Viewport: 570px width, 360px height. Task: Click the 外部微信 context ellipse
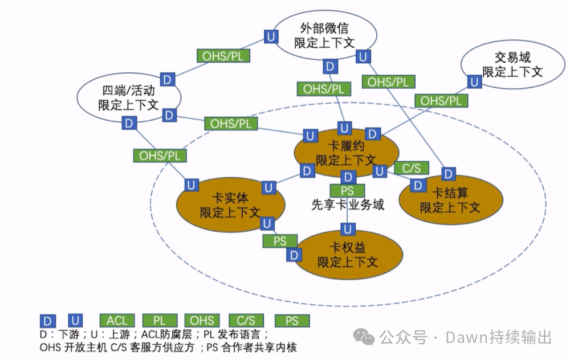coord(324,35)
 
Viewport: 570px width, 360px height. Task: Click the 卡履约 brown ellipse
coord(346,154)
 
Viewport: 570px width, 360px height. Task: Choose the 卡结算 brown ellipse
coord(450,199)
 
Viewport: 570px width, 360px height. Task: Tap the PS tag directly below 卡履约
coord(347,191)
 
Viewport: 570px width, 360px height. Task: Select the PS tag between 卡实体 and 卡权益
coord(279,241)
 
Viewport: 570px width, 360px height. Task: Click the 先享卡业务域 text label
coord(347,204)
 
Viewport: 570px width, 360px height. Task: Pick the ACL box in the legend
coord(117,321)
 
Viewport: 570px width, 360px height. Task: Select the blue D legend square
coord(48,321)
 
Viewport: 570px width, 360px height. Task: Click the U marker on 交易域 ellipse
coord(474,81)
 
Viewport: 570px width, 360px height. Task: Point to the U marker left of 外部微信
coord(272,36)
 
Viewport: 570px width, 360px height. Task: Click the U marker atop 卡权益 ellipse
coord(347,230)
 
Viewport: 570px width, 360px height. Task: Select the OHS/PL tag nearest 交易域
coord(441,101)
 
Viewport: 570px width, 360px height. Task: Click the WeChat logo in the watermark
coord(364,337)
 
